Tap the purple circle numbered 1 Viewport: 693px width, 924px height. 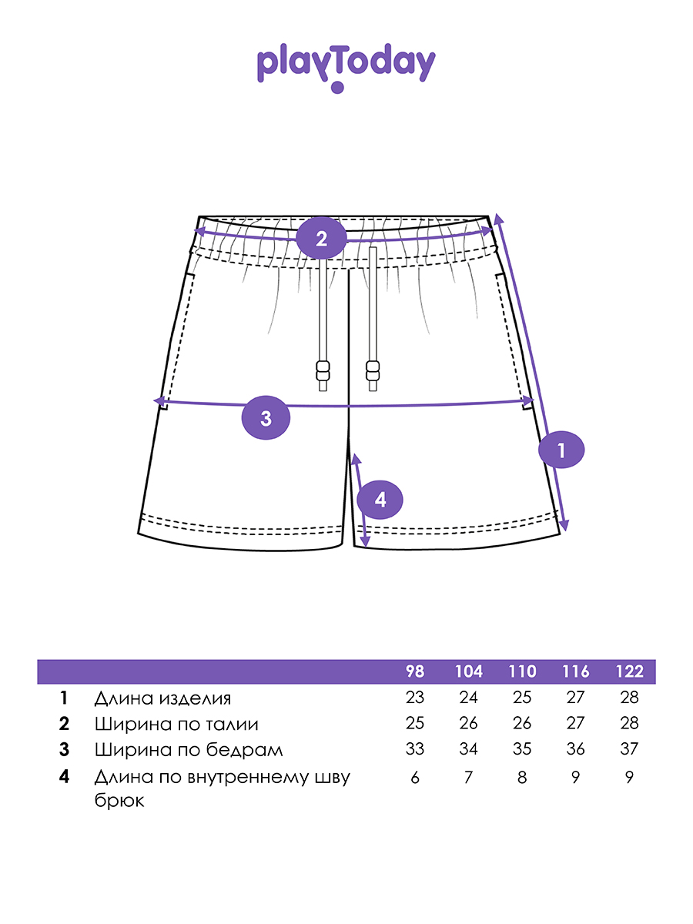click(x=561, y=450)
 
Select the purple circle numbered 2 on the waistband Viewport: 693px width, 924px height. click(x=321, y=238)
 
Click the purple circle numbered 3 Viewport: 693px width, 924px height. click(x=266, y=418)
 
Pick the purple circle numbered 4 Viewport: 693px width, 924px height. click(x=380, y=500)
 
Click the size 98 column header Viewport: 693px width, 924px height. click(x=415, y=671)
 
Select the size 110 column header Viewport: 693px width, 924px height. click(x=522, y=671)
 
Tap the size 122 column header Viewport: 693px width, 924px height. click(x=629, y=671)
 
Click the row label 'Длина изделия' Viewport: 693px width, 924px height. click(x=162, y=698)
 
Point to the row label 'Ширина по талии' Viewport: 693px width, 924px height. click(x=176, y=724)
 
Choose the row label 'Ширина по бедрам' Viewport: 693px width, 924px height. click(x=189, y=749)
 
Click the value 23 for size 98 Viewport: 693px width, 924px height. click(x=415, y=698)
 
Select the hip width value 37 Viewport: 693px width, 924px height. click(x=629, y=749)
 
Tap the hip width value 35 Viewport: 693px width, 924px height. click(x=522, y=749)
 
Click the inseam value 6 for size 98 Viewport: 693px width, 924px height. click(x=415, y=777)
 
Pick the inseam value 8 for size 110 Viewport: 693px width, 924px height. click(x=522, y=777)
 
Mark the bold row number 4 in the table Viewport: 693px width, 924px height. click(x=64, y=777)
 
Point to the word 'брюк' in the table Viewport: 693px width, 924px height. click(x=119, y=801)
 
